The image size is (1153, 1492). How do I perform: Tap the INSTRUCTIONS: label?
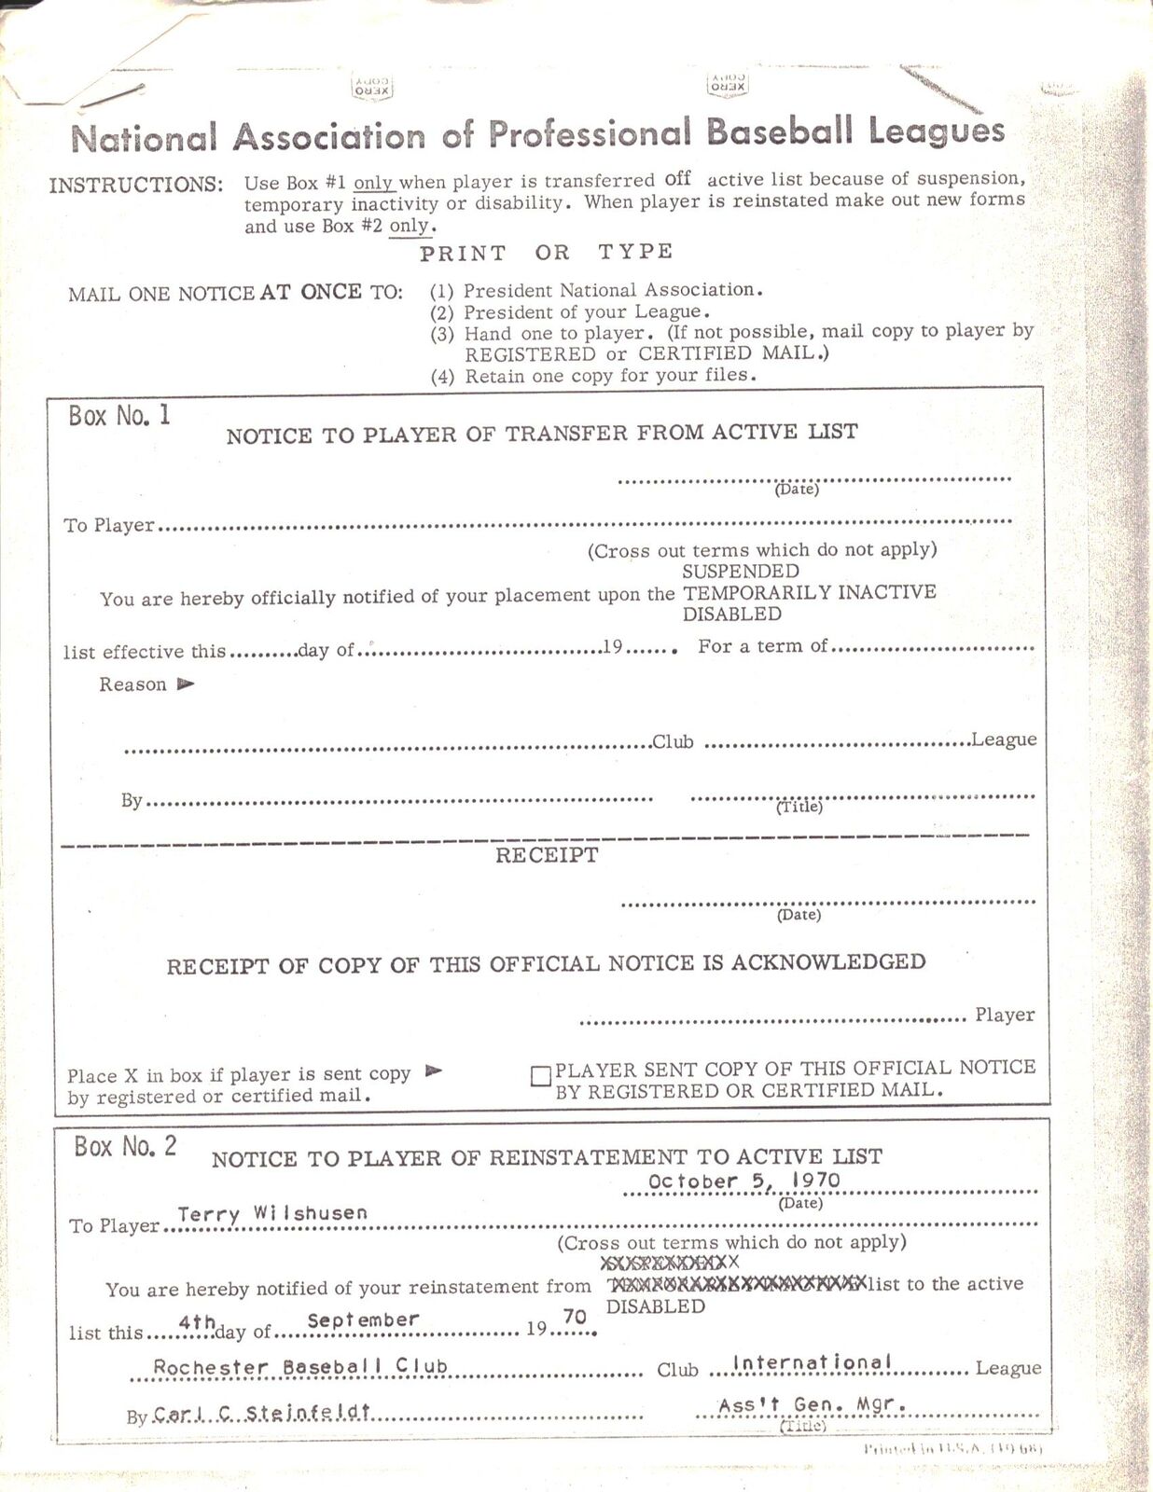(x=136, y=185)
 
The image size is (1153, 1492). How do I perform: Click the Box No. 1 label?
(x=119, y=416)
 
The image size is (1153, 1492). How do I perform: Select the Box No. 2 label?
(x=126, y=1146)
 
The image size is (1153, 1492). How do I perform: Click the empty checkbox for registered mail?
(x=541, y=1077)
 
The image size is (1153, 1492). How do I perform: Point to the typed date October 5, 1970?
(x=743, y=1181)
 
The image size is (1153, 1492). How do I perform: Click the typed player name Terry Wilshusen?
(x=272, y=1213)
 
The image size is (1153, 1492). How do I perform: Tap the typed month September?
(x=363, y=1320)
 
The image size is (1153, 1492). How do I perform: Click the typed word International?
(x=812, y=1362)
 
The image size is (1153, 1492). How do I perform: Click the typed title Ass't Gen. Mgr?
(x=813, y=1405)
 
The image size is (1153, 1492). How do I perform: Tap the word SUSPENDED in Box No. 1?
(x=741, y=572)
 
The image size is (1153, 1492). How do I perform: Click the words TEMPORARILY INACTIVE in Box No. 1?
(x=810, y=593)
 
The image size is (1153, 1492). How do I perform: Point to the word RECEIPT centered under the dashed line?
(x=547, y=856)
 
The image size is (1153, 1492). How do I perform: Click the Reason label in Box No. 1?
(x=133, y=684)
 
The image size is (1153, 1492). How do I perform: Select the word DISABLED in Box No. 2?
(x=655, y=1306)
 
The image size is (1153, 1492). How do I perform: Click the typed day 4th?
(x=197, y=1322)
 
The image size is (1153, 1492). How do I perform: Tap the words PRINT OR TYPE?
(x=546, y=253)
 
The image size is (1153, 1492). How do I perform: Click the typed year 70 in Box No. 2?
(x=575, y=1317)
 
